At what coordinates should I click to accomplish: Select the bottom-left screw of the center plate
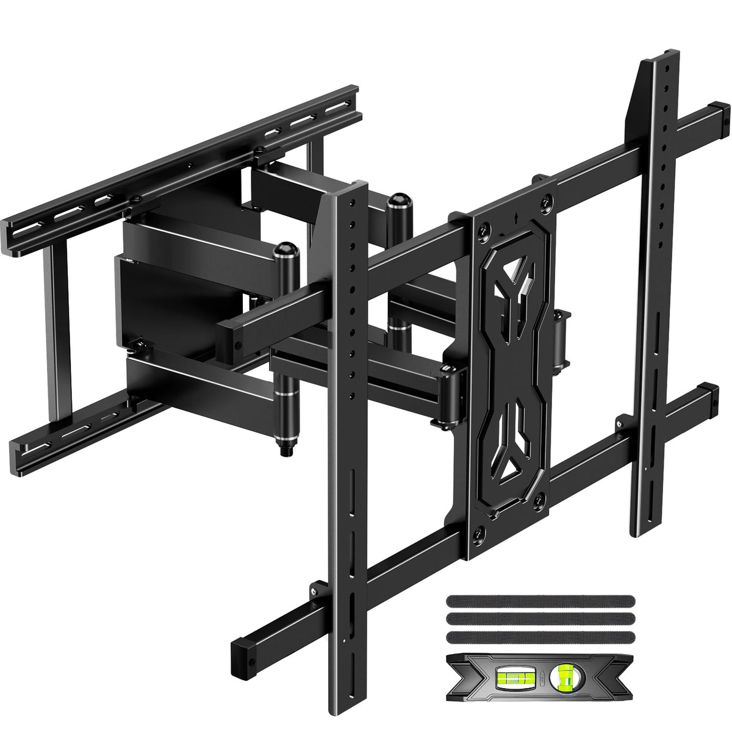click(479, 533)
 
